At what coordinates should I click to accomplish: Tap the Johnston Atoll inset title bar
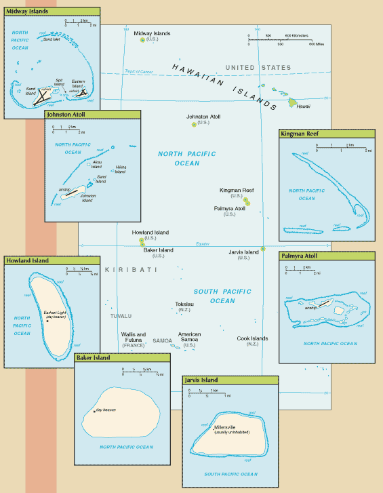coord(68,115)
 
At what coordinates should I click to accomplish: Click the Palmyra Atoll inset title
coord(300,256)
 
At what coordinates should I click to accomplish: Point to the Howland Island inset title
coord(26,261)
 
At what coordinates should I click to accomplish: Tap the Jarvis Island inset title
coord(203,380)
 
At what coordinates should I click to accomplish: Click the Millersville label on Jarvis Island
coord(227,427)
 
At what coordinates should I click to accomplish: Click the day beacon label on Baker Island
coord(107,410)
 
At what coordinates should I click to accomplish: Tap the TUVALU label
coord(121,316)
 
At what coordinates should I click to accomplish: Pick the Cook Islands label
coord(252,338)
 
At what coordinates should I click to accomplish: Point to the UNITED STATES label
coord(258,68)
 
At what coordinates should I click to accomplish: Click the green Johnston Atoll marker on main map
coord(194,125)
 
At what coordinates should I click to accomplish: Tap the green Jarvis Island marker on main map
coord(262,249)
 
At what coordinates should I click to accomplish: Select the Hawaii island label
coord(304,106)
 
